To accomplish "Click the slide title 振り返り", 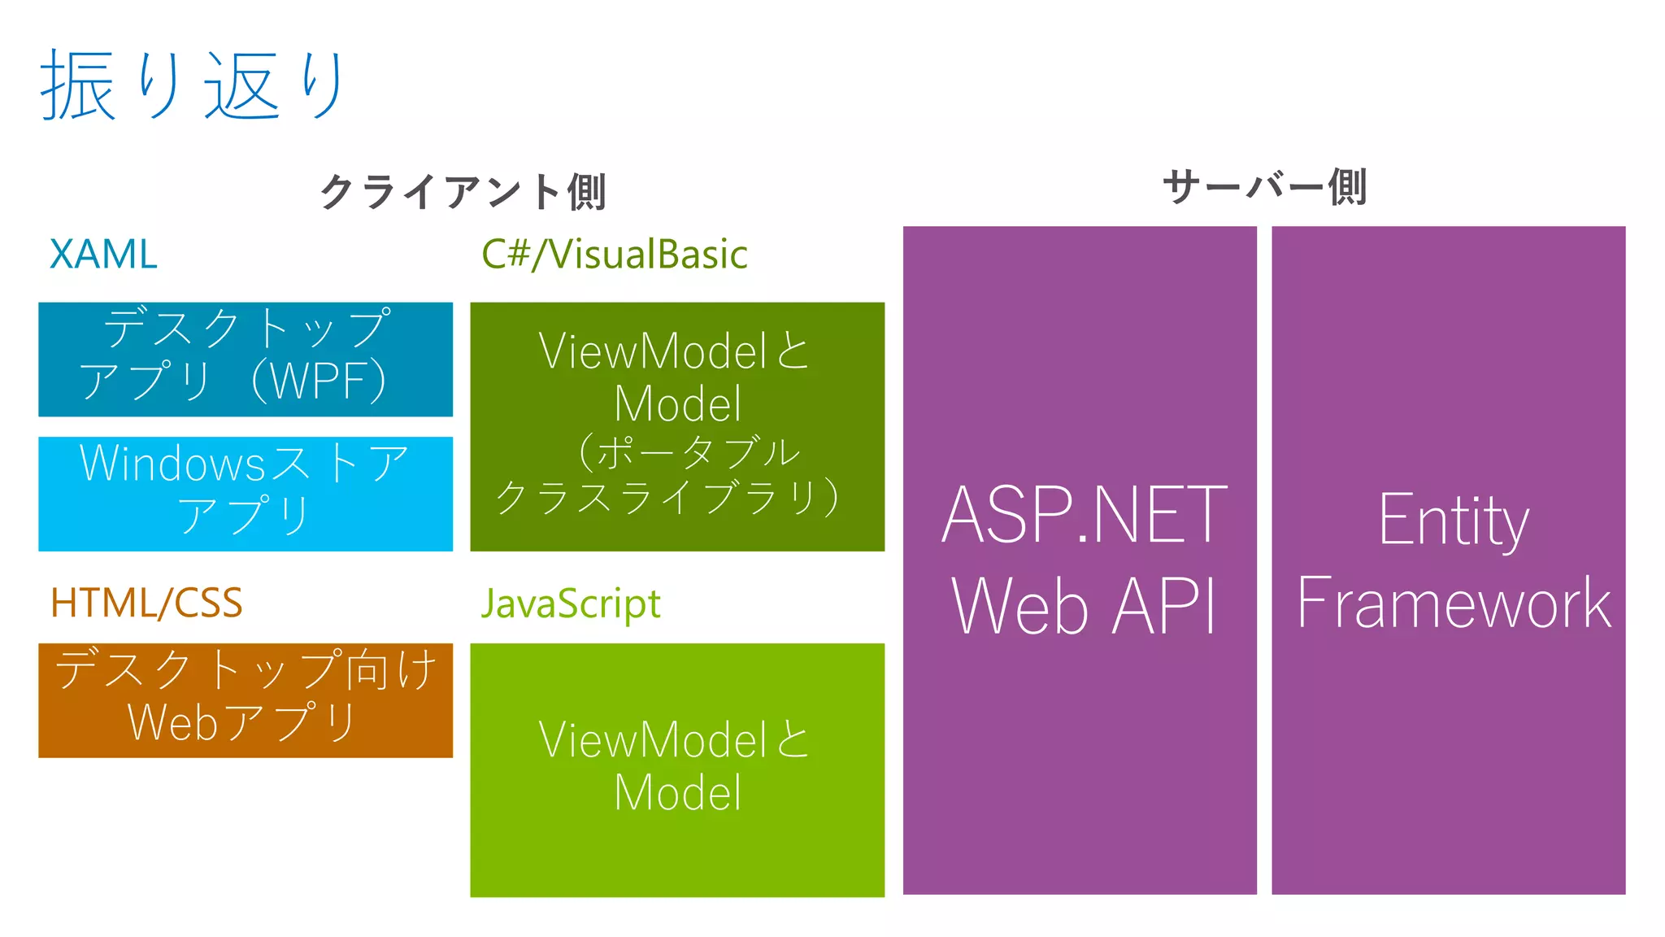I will (193, 85).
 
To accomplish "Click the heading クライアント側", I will (463, 192).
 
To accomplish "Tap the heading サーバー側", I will (1264, 187).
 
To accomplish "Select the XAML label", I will (103, 255).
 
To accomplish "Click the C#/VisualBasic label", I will (614, 255).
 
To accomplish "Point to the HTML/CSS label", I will (146, 604).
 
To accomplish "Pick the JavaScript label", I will (571, 604).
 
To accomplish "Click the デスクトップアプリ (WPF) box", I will (246, 359).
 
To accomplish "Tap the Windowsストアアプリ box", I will (246, 494).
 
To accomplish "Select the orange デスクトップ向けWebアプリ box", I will (246, 700).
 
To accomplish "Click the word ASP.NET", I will (1084, 515).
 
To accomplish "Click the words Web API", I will (1084, 605).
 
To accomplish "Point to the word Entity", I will (1453, 521).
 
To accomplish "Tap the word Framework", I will (1453, 604).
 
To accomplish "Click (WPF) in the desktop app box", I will (319, 381).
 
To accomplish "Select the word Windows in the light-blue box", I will (172, 464).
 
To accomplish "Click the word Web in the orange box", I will (172, 722).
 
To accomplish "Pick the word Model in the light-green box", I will (677, 793).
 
